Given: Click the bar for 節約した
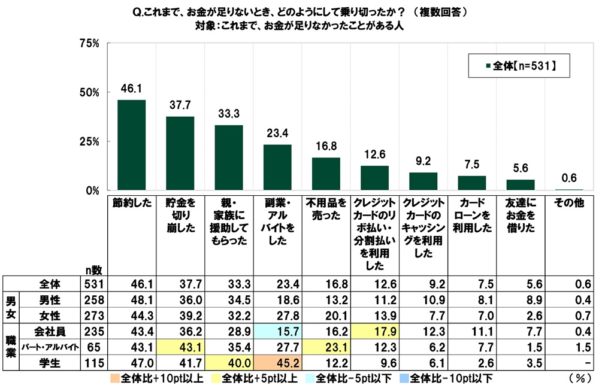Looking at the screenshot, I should point(131,145).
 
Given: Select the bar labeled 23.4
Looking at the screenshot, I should point(277,168).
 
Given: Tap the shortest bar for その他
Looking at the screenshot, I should point(569,190).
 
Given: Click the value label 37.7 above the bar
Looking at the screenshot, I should point(180,105).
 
